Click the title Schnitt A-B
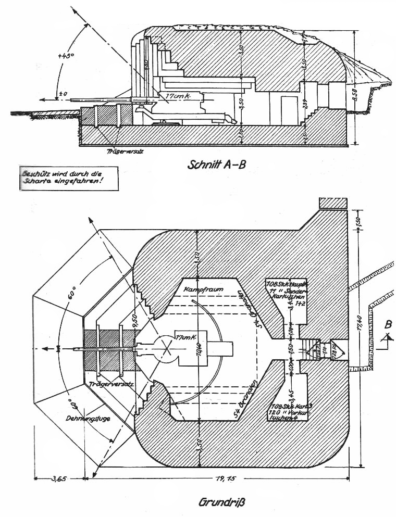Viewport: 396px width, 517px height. click(216, 165)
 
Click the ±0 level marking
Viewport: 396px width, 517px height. click(64, 94)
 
